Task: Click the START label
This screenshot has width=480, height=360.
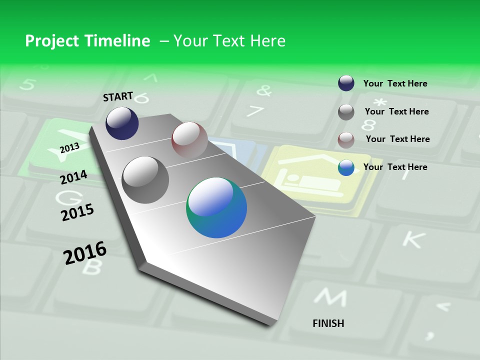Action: coord(118,96)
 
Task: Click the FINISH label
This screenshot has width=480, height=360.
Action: coord(328,323)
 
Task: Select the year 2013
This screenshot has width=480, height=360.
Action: coord(70,148)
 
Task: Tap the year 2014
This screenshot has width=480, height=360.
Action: coord(74,177)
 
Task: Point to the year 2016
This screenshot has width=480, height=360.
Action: coord(85,253)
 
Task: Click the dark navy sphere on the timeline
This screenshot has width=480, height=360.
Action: coord(122,123)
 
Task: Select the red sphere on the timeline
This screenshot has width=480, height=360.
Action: coord(189,139)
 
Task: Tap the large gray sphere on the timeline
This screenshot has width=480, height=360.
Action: coord(145,179)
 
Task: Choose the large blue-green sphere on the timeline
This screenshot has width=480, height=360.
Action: coord(216,207)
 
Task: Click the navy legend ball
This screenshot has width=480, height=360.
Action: coord(346,83)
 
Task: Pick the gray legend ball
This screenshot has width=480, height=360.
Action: coord(346,112)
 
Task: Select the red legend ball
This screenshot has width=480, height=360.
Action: coord(346,140)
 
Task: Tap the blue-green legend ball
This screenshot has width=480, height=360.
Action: coord(346,167)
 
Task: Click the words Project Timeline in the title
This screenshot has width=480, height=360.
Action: coord(87,41)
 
